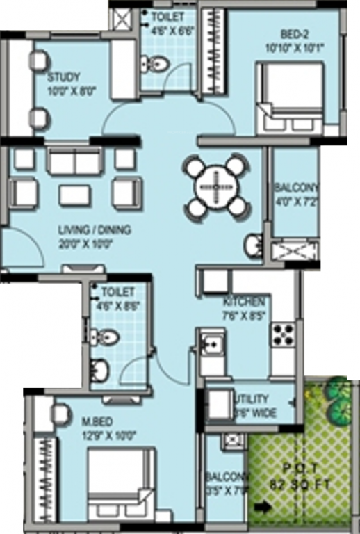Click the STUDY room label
point(64,77)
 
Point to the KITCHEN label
point(243,302)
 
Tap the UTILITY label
point(253,399)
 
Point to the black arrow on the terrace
point(261,508)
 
